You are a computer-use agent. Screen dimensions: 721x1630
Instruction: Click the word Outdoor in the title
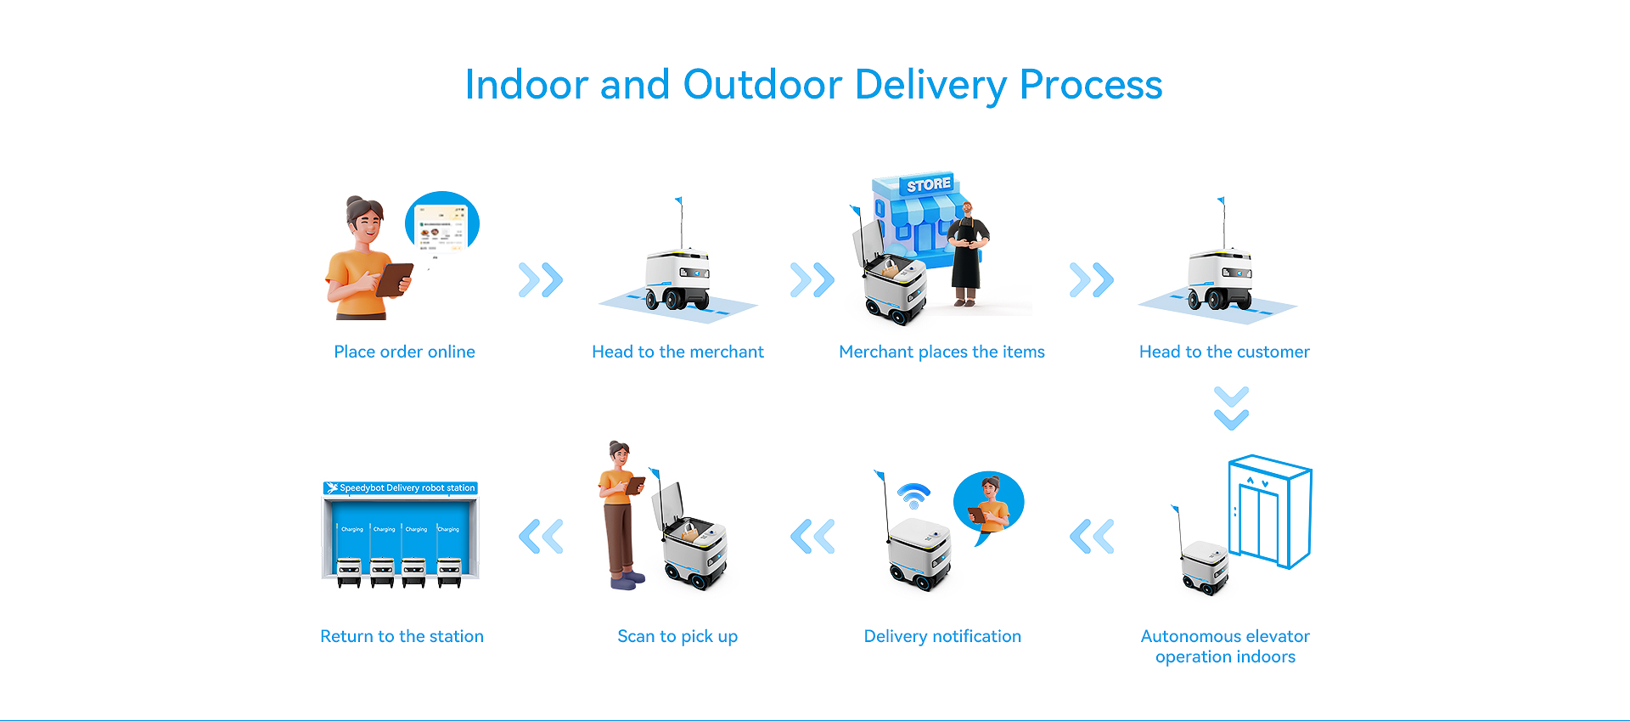click(x=762, y=85)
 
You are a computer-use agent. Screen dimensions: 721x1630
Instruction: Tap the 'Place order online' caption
click(x=404, y=352)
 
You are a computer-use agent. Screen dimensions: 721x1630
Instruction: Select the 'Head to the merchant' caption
click(x=677, y=352)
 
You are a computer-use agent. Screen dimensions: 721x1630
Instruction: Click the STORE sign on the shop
click(x=928, y=184)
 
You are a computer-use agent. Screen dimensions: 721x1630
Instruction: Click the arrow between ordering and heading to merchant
click(x=541, y=279)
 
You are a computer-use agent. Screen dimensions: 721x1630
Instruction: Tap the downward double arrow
click(x=1231, y=408)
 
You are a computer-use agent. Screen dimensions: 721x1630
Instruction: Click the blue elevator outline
click(x=1270, y=511)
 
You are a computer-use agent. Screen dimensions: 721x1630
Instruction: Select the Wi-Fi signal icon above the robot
click(x=913, y=494)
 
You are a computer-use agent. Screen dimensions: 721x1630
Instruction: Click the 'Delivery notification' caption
click(x=942, y=636)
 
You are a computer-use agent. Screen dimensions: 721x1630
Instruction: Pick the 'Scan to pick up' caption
click(x=677, y=636)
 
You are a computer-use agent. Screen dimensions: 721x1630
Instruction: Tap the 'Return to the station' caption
click(x=402, y=636)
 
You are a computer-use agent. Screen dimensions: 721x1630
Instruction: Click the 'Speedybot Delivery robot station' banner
click(x=401, y=488)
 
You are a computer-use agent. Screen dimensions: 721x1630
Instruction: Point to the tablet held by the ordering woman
click(x=394, y=279)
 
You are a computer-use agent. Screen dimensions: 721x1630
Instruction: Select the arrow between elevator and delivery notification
click(x=1092, y=536)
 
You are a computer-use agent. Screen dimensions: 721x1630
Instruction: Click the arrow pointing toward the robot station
click(x=541, y=536)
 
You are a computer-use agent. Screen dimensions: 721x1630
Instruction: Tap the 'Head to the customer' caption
click(x=1224, y=352)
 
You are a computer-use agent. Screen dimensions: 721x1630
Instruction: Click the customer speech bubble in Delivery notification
click(x=989, y=504)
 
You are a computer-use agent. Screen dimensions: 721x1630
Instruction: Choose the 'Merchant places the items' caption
click(x=941, y=352)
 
